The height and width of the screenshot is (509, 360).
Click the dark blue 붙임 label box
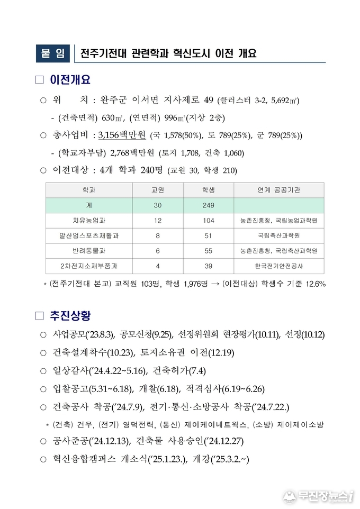tap(53, 53)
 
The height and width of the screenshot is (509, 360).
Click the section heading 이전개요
tap(70, 80)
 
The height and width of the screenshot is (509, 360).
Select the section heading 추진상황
tap(70, 316)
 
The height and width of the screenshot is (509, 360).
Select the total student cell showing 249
tap(208, 205)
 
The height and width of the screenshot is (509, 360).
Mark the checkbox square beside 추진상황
tap(39, 316)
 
